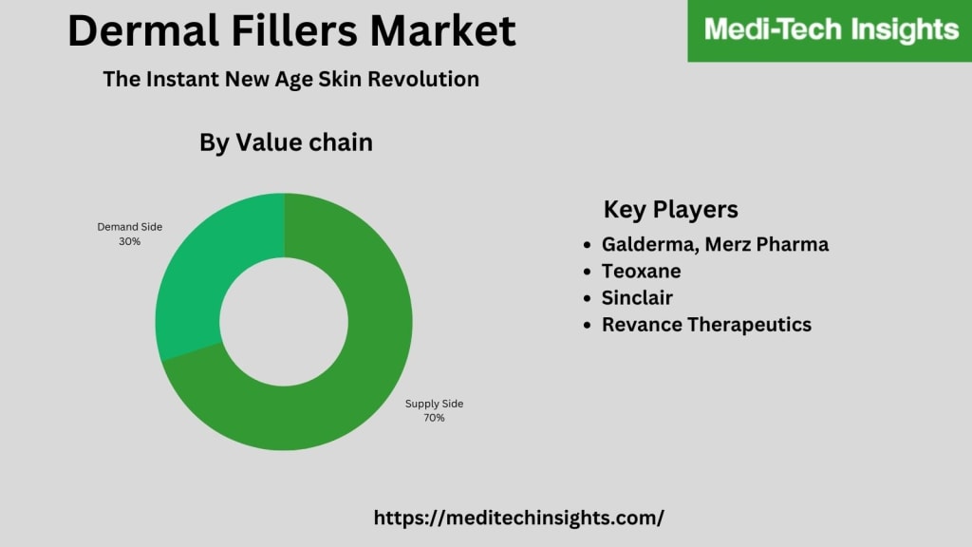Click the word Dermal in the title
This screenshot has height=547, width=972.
pos(143,30)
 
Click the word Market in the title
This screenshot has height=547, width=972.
pos(443,30)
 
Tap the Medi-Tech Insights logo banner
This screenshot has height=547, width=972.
pos(830,30)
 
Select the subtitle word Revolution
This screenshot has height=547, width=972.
pos(423,80)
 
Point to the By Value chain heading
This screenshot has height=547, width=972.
pos(286,142)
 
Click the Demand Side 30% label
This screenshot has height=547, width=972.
pos(129,234)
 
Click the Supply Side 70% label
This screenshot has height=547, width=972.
pos(434,410)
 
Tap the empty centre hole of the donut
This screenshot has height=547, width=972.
pos(284,322)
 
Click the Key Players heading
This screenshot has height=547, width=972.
pos(671,210)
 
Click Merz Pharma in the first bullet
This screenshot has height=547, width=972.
pos(767,244)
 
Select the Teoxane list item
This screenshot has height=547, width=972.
pos(641,271)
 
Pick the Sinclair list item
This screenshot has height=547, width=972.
pos(637,297)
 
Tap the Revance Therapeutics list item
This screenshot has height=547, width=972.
pos(706,325)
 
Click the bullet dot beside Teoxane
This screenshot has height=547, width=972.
pos(587,272)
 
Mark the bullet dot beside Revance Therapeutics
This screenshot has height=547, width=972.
pos(587,325)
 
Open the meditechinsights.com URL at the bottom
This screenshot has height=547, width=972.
pos(519,518)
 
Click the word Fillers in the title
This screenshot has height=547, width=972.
pos(294,30)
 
